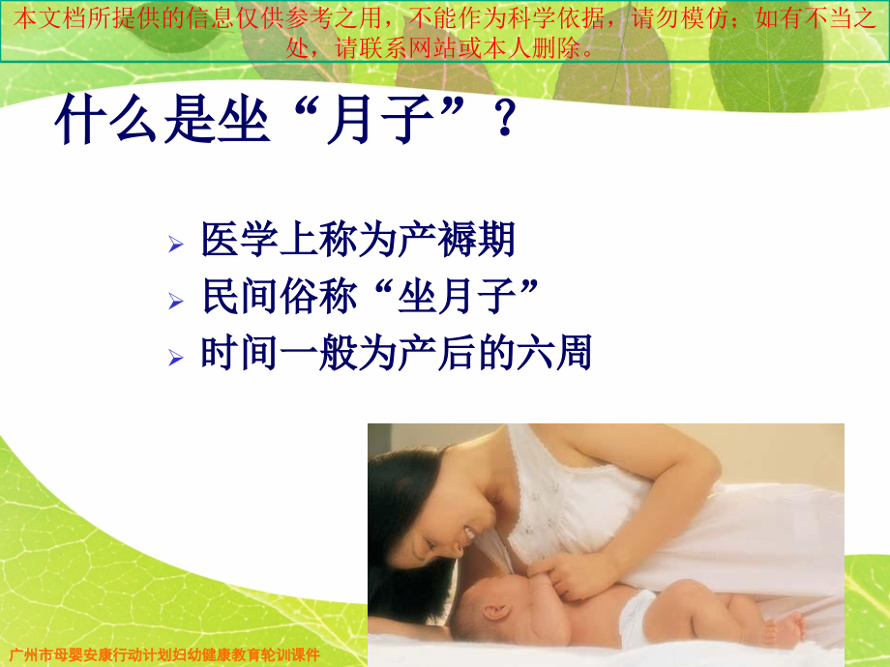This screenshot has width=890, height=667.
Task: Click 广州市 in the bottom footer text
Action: [x=29, y=653]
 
